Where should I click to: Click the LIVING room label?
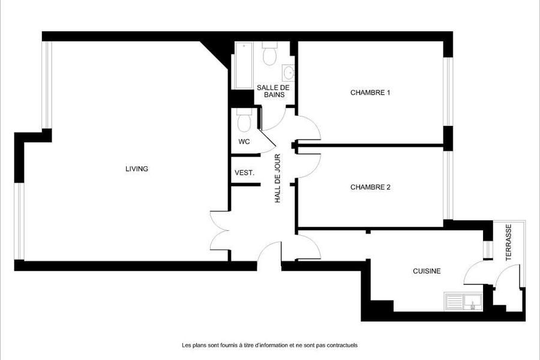click(x=137, y=169)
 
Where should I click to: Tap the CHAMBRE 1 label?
click(x=370, y=92)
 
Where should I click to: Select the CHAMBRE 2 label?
click(x=370, y=187)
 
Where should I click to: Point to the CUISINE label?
click(x=427, y=271)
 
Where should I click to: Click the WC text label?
click(x=244, y=142)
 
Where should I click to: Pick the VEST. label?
click(x=245, y=173)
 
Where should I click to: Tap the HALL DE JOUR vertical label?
click(x=278, y=178)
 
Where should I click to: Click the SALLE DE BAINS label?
click(x=274, y=91)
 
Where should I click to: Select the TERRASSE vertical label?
click(x=508, y=242)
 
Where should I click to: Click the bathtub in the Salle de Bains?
click(x=244, y=65)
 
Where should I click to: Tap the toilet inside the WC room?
click(x=244, y=120)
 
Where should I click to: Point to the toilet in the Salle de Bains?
click(x=269, y=54)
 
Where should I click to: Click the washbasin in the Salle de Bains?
click(x=288, y=73)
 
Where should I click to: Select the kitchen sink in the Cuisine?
click(x=464, y=302)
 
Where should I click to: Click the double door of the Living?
click(x=220, y=231)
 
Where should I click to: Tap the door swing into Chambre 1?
click(x=309, y=128)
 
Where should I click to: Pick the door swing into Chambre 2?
click(x=309, y=166)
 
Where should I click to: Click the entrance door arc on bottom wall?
click(x=269, y=251)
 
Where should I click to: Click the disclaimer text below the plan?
click(x=269, y=345)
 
